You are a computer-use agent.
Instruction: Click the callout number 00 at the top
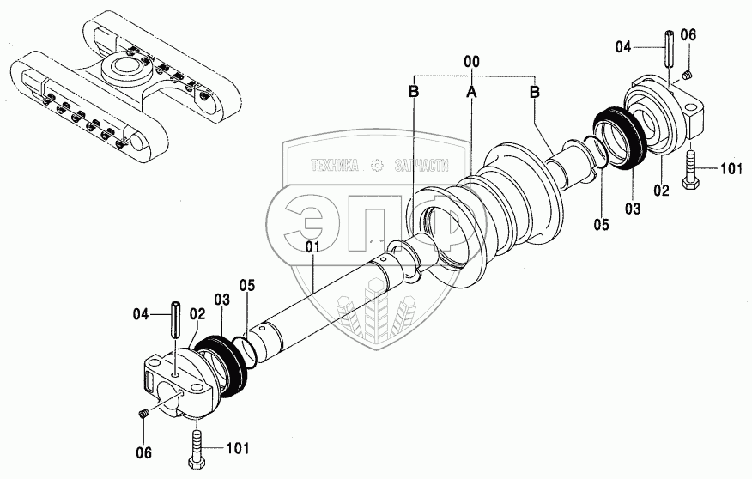471,62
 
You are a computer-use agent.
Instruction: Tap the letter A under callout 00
471,90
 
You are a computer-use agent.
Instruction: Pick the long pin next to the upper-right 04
668,54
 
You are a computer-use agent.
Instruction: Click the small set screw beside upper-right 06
688,78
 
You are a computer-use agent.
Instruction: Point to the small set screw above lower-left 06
143,415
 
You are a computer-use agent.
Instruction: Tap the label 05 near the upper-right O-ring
600,226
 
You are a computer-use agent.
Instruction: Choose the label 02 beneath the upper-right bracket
660,191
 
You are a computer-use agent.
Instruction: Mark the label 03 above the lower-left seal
222,300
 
